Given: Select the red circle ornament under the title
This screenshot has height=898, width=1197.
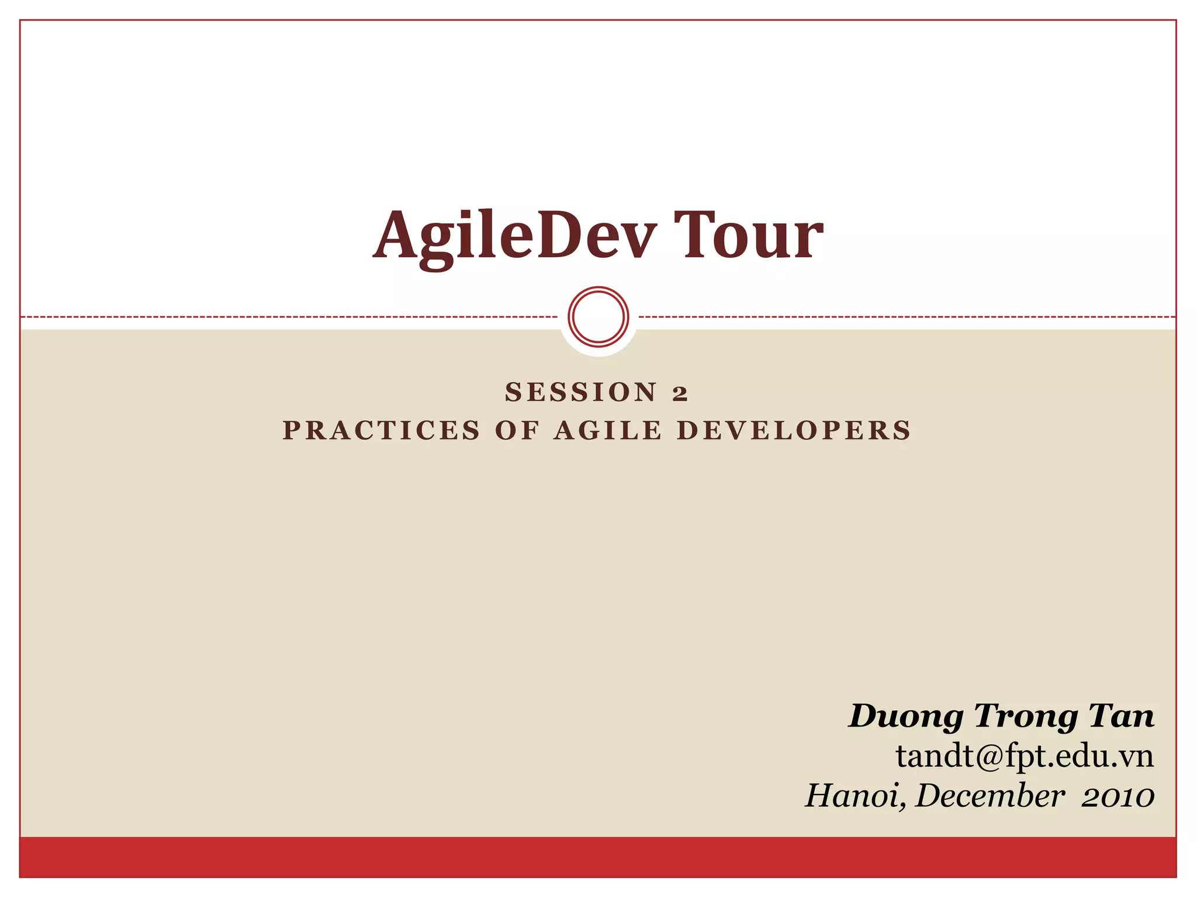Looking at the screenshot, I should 598,316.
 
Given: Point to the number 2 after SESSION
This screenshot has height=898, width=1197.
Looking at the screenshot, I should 680,393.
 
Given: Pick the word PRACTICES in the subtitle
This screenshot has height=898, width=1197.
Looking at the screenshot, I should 382,431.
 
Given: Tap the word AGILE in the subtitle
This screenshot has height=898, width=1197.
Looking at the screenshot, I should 608,431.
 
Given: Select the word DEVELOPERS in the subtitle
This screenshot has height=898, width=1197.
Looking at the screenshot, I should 794,431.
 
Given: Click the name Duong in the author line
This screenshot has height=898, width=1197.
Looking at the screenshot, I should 906,717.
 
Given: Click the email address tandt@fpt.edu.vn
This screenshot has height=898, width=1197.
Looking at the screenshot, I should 1025,756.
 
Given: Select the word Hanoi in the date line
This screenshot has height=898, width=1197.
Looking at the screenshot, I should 855,796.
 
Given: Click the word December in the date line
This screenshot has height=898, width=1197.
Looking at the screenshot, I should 990,796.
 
